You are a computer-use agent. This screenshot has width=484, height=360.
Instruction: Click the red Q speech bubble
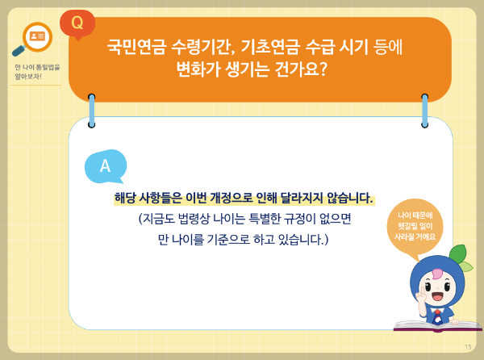pos(77,22)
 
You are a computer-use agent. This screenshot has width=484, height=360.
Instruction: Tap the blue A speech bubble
pos(105,166)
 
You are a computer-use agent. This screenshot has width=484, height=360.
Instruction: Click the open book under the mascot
pos(436,325)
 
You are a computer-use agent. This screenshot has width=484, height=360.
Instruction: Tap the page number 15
pos(468,346)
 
